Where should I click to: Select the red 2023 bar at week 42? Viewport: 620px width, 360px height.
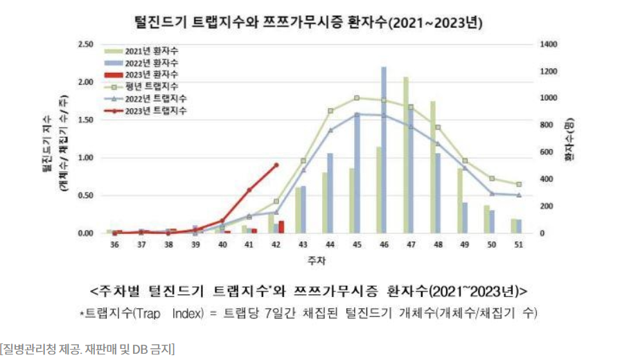[x=281, y=226]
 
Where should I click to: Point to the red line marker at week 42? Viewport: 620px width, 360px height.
[x=276, y=165]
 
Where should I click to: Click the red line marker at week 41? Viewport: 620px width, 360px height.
[x=249, y=190]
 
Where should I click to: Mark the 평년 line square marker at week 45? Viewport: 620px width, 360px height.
[x=357, y=98]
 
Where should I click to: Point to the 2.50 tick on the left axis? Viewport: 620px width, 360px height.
[x=87, y=44]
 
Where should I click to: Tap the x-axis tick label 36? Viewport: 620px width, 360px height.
[x=114, y=245]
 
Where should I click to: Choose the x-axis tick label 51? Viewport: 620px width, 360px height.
[x=518, y=245]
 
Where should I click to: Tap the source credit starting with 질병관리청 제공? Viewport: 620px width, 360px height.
[x=87, y=348]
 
